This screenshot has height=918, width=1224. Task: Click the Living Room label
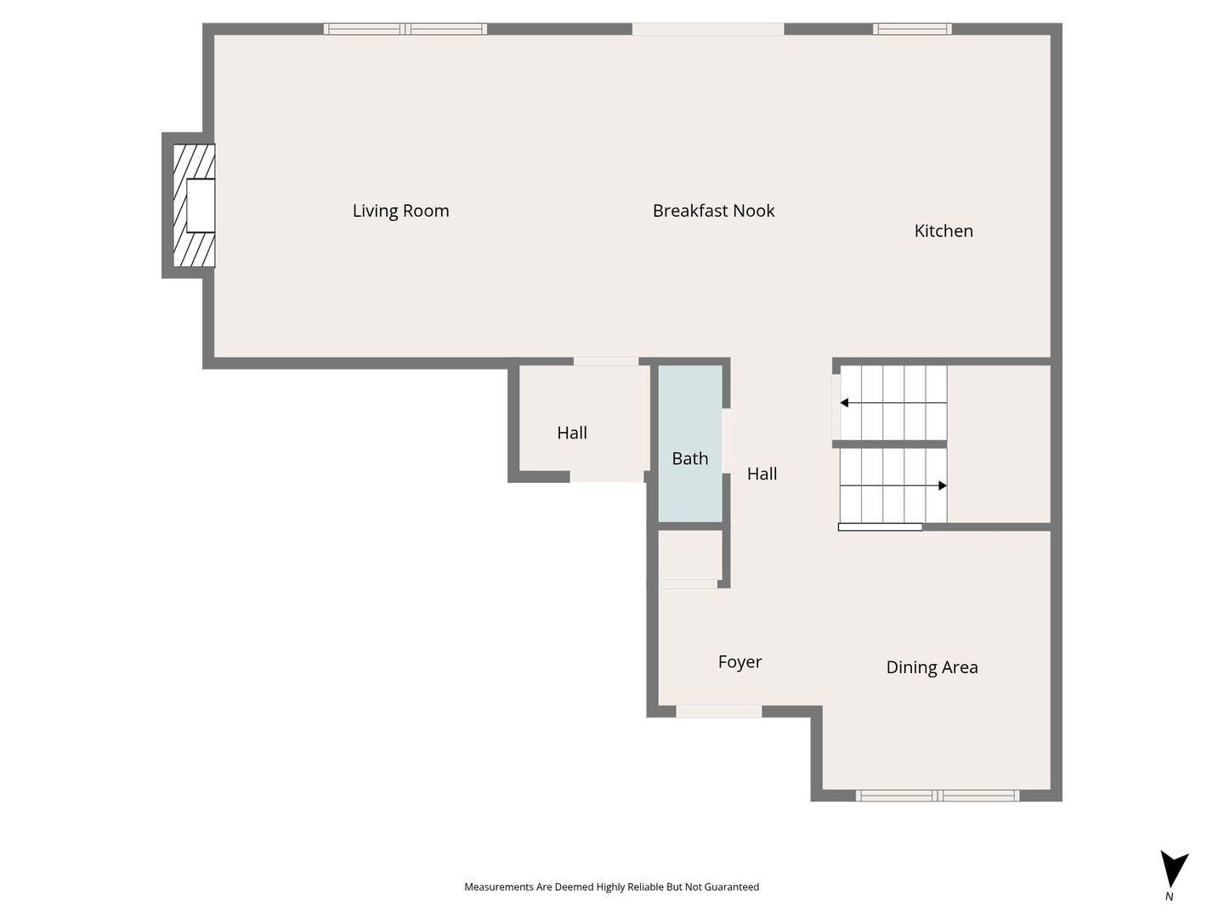click(x=400, y=211)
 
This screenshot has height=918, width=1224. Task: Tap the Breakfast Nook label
click(x=713, y=211)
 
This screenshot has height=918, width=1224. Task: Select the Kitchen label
click(x=943, y=230)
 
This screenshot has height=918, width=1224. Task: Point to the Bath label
click(x=690, y=458)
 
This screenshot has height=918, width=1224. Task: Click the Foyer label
click(x=740, y=661)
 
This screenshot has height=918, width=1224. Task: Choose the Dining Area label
click(x=932, y=667)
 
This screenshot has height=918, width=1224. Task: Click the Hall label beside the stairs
click(x=762, y=473)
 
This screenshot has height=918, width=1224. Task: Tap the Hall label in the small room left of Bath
click(x=572, y=433)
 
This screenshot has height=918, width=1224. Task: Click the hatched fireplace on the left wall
click(x=194, y=206)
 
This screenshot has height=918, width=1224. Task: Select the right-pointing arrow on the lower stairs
click(x=893, y=485)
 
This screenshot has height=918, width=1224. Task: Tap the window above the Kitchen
click(x=912, y=29)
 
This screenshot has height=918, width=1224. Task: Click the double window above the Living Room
click(x=405, y=29)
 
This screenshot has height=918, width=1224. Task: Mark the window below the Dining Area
click(x=938, y=796)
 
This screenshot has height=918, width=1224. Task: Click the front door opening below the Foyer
click(x=719, y=711)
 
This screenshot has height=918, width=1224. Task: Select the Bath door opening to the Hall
click(x=727, y=441)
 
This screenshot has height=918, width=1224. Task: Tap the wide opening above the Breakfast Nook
click(x=708, y=29)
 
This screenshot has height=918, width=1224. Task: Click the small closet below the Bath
click(x=690, y=555)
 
